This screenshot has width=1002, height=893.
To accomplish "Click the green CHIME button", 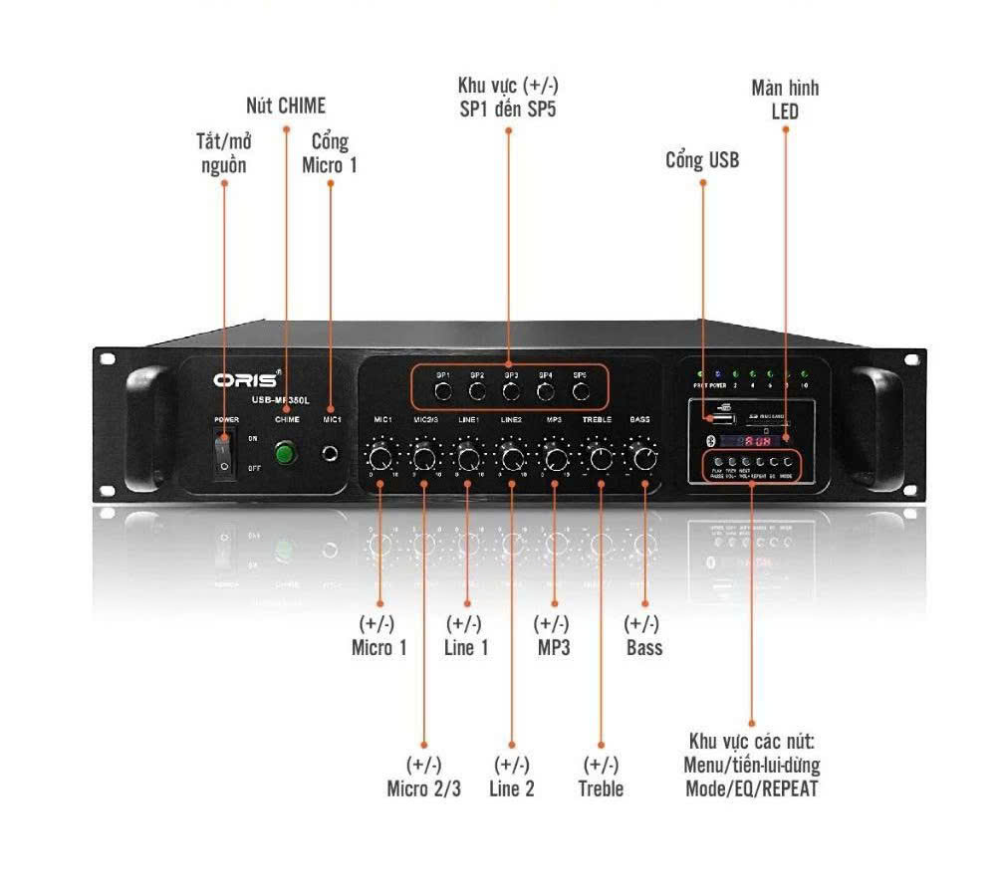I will click(287, 455).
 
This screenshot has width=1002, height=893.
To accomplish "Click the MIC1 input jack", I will click(331, 455).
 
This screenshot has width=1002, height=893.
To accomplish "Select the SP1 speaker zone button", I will click(443, 391).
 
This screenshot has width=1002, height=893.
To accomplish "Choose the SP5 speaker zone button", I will click(580, 391).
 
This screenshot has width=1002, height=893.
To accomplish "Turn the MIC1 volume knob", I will click(379, 459).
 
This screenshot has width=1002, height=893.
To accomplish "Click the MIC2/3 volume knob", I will click(424, 459).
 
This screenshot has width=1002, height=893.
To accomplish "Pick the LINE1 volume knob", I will click(467, 459).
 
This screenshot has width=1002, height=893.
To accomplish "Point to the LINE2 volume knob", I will click(512, 459).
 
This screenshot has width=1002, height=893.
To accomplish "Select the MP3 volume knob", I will click(556, 459).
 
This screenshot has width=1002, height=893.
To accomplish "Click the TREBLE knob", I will click(601, 459).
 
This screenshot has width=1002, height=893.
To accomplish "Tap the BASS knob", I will click(645, 459).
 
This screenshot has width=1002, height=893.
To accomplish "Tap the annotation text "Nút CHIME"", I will click(286, 106).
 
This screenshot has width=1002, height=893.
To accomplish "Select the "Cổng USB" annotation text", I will click(702, 160).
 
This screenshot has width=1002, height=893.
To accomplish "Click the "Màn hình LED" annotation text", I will click(785, 100).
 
